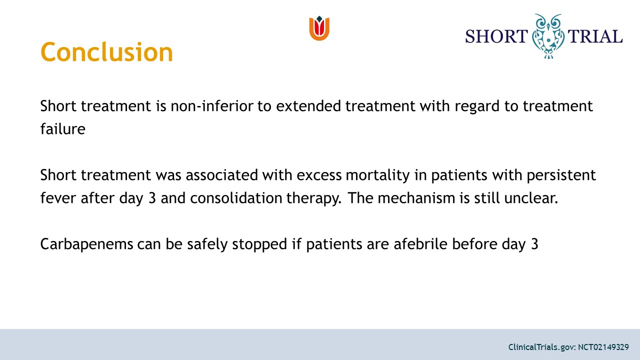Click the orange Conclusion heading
click(106, 52)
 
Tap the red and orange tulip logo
click(319, 28)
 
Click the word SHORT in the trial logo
click(496, 36)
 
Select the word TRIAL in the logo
click(595, 36)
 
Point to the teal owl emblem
click(548, 36)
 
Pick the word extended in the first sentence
click(308, 106)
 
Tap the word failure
click(63, 129)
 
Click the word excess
click(319, 175)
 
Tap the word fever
click(58, 197)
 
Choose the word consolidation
click(236, 197)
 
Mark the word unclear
click(531, 197)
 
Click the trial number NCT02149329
click(603, 347)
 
